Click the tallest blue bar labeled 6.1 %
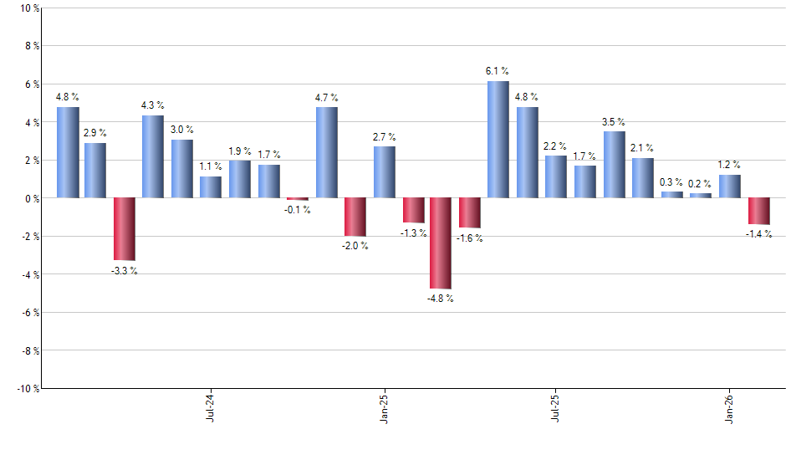pos(498,140)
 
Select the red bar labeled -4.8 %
pos(441,243)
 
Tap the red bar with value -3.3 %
pos(125,229)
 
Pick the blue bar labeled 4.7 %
pos(327,152)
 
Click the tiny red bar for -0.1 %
pos(298,199)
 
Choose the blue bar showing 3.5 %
pos(614,165)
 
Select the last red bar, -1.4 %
pos(758,211)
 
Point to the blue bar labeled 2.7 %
pos(385,172)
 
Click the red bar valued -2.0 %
pos(355,217)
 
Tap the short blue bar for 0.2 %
pos(701,196)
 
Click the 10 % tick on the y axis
pos(29,8)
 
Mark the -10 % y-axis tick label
pos(28,388)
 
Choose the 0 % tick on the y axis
pos(32,198)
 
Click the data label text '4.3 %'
pos(152,105)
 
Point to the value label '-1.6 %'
pos(469,238)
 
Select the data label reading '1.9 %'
pos(240,151)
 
